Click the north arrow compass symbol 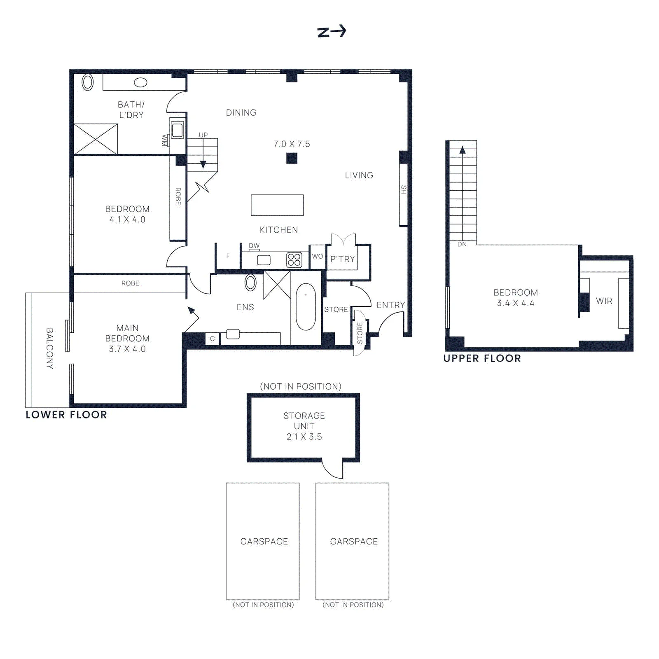pos(332,31)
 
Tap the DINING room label pos(241,112)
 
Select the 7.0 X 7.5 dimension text pos(292,144)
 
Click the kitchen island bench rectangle pos(277,205)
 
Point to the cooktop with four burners pos(294,260)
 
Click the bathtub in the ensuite pos(306,306)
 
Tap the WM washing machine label pos(164,140)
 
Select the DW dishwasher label pos(254,245)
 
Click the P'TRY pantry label pos(342,259)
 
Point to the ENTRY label pos(390,305)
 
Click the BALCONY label pos(49,348)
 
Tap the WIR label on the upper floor pos(604,301)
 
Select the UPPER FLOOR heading pos(482,358)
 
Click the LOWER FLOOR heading pos(66,415)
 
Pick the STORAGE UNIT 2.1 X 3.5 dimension pos(304,437)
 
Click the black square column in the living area pos(292,158)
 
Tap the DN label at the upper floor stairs pos(462,244)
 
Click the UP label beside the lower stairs pos(203,135)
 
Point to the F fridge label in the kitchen pos(228,256)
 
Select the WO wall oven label pos(318,256)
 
